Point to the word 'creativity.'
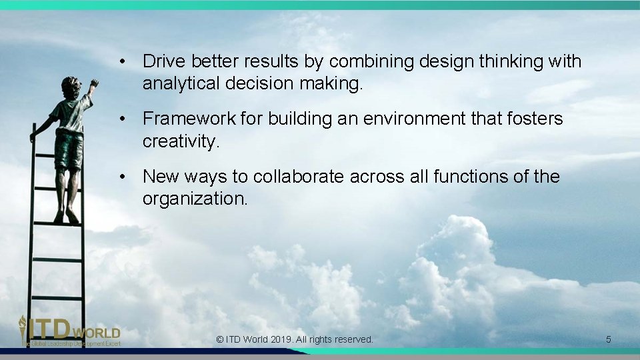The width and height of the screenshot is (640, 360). point(181,141)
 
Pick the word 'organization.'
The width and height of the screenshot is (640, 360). point(195,199)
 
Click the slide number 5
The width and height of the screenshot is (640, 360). point(608,339)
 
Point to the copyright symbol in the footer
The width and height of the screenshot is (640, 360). point(220,339)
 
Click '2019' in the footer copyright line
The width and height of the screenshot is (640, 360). point(280,339)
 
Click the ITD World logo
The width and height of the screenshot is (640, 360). point(69,331)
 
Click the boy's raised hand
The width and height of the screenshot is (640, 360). point(93,84)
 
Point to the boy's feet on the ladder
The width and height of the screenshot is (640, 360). point(66,217)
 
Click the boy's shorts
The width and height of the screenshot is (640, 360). point(69,149)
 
